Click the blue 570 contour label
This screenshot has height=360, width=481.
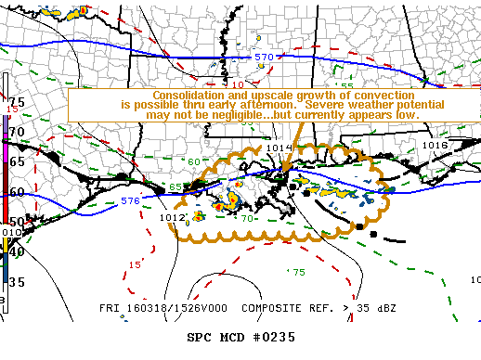coord(264,58)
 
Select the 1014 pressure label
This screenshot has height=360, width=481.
coord(279,148)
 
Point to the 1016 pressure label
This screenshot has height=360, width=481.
coord(435,146)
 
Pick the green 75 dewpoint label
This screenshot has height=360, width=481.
coord(298,272)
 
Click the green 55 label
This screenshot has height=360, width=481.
coord(345,86)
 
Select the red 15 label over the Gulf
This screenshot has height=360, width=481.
coord(135,264)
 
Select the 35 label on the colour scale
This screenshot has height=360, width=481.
coord(17,281)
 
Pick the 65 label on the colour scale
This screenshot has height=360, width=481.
coord(17,161)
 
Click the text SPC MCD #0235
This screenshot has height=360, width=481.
coord(240,337)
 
